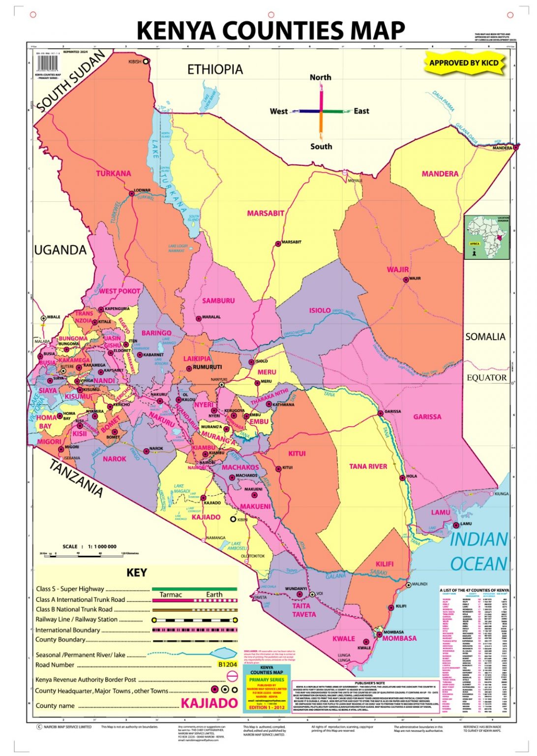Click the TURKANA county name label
coord(113,174)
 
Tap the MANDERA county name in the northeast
coord(440,174)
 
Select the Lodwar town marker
coord(132,194)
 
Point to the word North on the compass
coord(320,77)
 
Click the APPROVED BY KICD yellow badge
coord(464,63)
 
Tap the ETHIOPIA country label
coord(215,69)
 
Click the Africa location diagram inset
coord(487,237)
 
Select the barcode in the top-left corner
coord(47,63)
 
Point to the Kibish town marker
coord(146,62)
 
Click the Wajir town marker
coord(406,280)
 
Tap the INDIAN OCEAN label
coord(478,551)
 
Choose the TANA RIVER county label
coord(368,466)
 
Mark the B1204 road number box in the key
coord(228,664)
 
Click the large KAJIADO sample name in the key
coord(209,703)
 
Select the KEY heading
coord(137,572)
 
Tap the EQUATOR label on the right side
coord(486,378)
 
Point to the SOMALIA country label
coord(485,337)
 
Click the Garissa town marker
coord(380,413)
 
